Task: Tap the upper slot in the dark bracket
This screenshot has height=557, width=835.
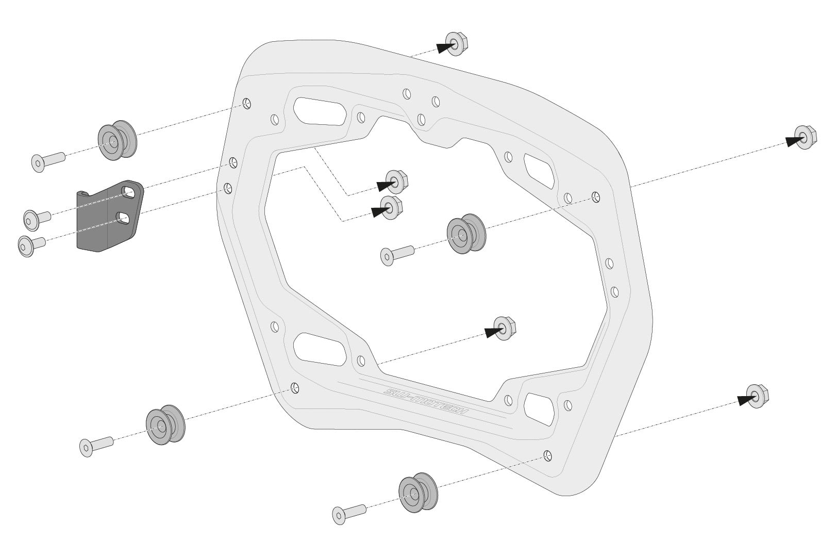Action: (128, 192)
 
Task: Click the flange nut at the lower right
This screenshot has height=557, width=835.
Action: (756, 396)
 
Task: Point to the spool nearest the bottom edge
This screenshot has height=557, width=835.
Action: (417, 493)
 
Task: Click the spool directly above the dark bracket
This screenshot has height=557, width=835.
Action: (117, 140)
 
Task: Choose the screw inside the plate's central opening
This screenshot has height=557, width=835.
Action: (396, 255)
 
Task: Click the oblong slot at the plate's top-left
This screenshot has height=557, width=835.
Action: (319, 110)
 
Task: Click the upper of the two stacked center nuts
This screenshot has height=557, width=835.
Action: (396, 181)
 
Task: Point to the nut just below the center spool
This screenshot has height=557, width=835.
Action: (504, 328)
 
